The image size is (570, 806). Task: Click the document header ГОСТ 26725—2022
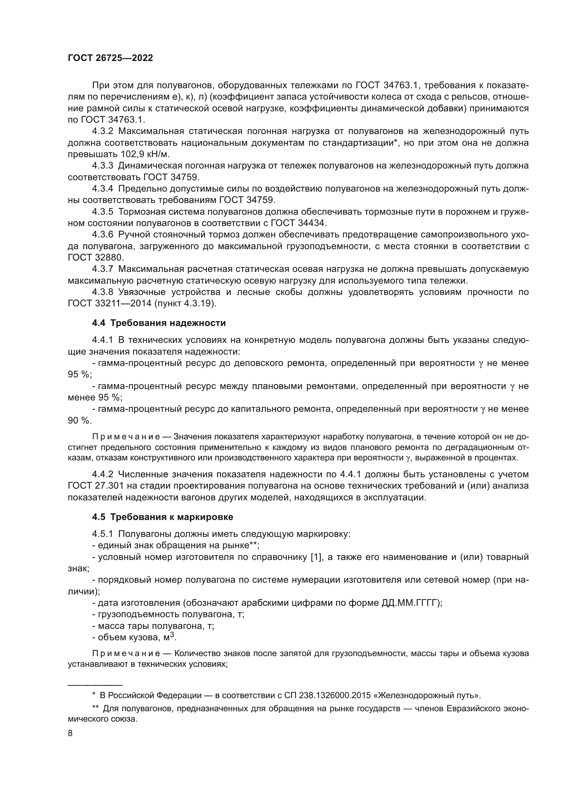pos(110,58)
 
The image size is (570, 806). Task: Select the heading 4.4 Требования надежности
pos(159,323)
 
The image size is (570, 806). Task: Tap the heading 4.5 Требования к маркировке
pos(163,517)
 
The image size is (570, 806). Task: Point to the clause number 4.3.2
pos(102,131)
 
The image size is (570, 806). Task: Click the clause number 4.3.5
pos(102,212)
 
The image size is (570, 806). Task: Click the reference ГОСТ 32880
pos(95,257)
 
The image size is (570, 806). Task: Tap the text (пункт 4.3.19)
pos(185,303)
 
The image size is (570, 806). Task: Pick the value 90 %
pos(79,420)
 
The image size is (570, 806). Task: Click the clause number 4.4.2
pos(102,474)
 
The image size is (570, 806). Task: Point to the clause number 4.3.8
pos(102,292)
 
